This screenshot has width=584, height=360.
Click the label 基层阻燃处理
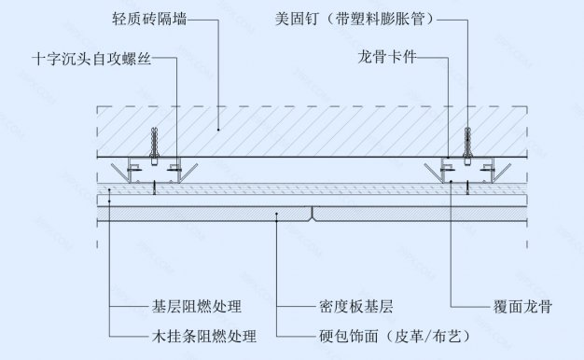[x=196, y=306]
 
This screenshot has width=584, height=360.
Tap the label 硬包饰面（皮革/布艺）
[x=391, y=335]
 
